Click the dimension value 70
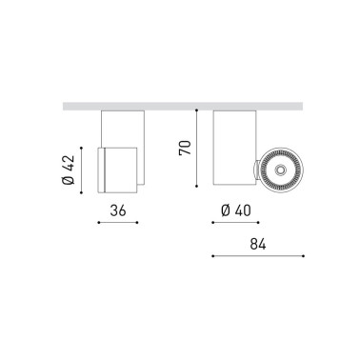(185, 148)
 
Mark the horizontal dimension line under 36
(119, 223)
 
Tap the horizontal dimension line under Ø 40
(232, 223)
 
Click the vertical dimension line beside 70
(196, 148)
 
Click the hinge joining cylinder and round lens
(255, 169)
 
